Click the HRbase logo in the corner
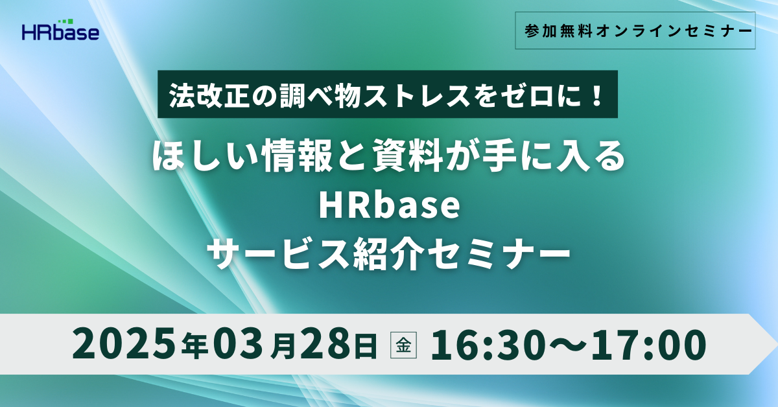click(61, 30)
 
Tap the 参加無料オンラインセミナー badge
click(635, 30)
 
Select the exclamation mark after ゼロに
click(597, 95)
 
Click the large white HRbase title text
click(390, 207)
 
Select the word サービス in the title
click(277, 255)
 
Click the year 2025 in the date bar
click(123, 344)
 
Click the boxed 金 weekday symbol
click(403, 345)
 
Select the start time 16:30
click(488, 344)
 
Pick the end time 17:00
click(649, 344)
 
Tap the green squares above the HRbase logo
click(65, 21)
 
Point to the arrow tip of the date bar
click(775, 343)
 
